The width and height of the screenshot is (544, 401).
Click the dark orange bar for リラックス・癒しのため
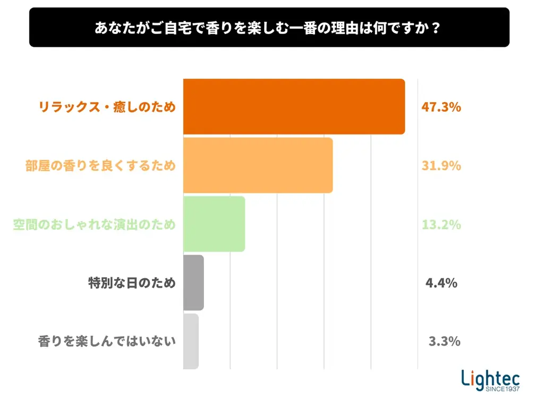pyautogui.click(x=294, y=106)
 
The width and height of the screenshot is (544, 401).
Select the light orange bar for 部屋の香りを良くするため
pyautogui.click(x=258, y=165)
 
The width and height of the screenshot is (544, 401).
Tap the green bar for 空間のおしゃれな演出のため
pyautogui.click(x=214, y=224)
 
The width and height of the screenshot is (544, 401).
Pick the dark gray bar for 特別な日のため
pyautogui.click(x=193, y=282)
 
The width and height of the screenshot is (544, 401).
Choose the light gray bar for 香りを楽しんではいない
pyautogui.click(x=191, y=341)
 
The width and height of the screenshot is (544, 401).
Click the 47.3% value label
pyautogui.click(x=441, y=107)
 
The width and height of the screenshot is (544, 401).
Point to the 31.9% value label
pyautogui.click(x=441, y=166)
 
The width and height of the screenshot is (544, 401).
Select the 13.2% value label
pyautogui.click(x=441, y=224)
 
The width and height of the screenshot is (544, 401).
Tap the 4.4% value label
pyautogui.click(x=441, y=283)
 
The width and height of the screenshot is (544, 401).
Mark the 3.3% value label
pyautogui.click(x=444, y=341)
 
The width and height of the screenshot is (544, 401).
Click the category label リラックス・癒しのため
pyautogui.click(x=107, y=107)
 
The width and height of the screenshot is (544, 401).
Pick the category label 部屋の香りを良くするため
pyautogui.click(x=100, y=166)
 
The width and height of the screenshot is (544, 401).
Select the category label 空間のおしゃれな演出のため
pyautogui.click(x=94, y=224)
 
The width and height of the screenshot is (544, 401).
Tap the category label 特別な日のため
pyautogui.click(x=132, y=283)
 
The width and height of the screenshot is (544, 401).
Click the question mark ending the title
pyautogui.click(x=436, y=27)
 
